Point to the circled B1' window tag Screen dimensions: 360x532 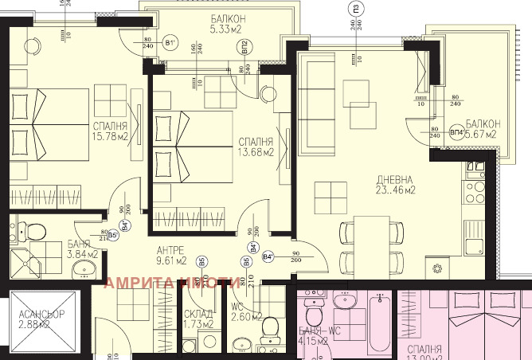(x=170, y=43)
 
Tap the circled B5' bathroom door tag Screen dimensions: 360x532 (x=113, y=235)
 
